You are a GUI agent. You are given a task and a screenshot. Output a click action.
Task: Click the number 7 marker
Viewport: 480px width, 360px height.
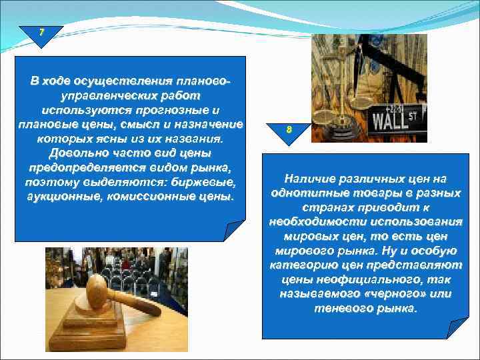[41, 33]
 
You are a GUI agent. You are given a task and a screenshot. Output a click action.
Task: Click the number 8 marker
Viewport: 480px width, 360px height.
[288, 129]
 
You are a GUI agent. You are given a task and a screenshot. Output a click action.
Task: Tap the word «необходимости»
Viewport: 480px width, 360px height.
[313, 222]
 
